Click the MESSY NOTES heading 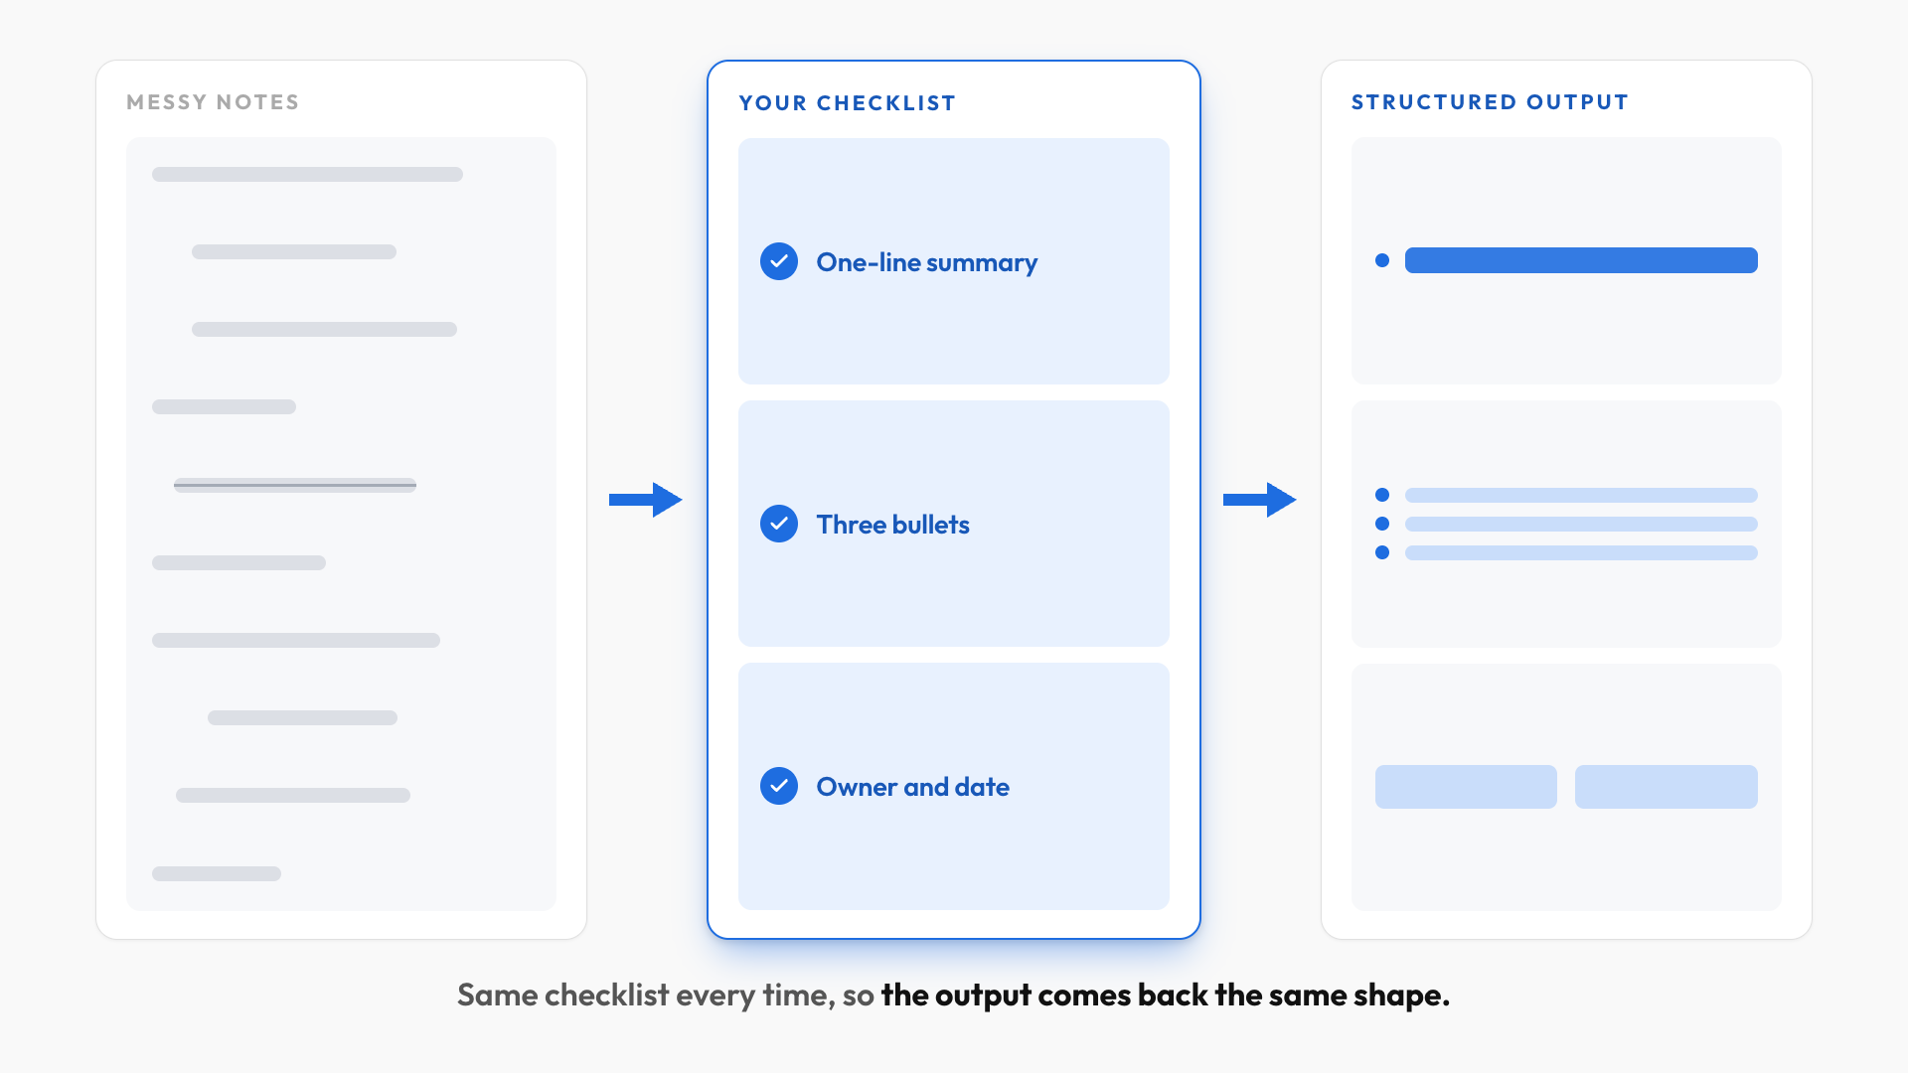[213, 102]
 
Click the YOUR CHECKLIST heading [848, 103]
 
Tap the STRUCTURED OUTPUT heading [1490, 102]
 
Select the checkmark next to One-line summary [779, 261]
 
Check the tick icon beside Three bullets [779, 524]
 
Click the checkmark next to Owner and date [779, 786]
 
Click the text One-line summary [927, 262]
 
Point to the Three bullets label [893, 525]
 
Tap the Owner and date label [913, 787]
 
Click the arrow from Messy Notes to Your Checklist [646, 500]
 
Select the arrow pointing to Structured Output [1260, 500]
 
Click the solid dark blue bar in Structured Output [1581, 260]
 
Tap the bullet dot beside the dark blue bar [1382, 260]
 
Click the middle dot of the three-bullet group [1382, 524]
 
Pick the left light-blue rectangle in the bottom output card [1466, 787]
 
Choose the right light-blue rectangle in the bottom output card [1667, 787]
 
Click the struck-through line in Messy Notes [295, 485]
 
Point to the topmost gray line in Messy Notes [307, 174]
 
